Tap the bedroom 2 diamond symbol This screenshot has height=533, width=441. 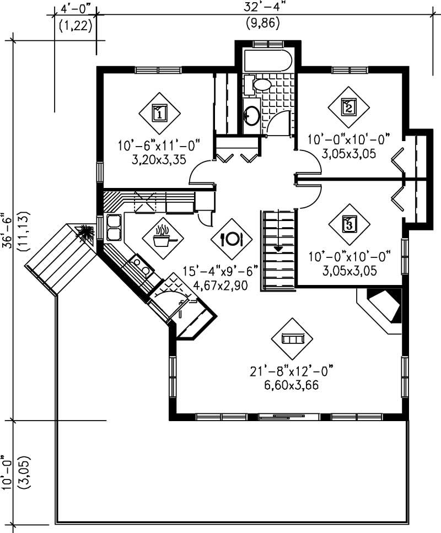pos(348,106)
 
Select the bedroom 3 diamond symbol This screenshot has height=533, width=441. pos(348,224)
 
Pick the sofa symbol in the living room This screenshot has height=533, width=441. pos(292,338)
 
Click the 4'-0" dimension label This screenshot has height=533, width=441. pos(74,9)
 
